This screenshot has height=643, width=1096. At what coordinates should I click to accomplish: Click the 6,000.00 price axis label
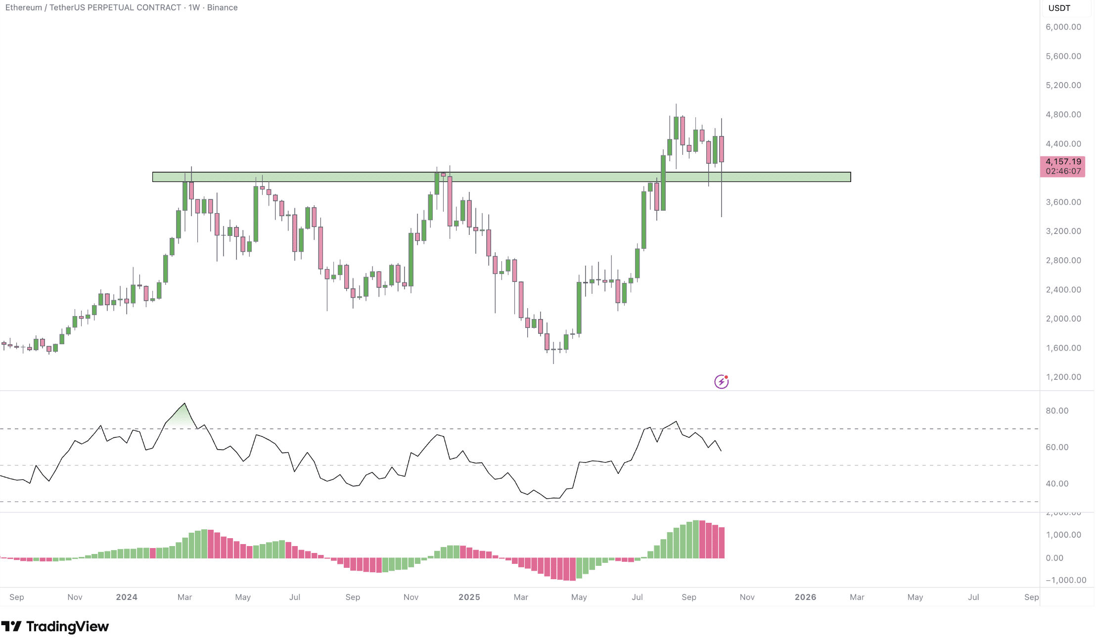point(1063,27)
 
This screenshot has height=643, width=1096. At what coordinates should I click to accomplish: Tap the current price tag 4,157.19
point(1063,162)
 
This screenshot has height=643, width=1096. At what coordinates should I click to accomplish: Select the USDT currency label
point(1059,8)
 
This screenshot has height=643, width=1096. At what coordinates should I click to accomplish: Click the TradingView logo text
point(55,626)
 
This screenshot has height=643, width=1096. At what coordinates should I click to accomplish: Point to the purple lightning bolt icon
point(721,381)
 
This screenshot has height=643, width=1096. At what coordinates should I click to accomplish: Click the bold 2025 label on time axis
point(469,597)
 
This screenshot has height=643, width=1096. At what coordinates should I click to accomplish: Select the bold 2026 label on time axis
point(805,597)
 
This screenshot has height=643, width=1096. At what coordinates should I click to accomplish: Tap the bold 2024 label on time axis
point(127,597)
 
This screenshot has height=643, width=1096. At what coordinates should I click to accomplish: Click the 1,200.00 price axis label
point(1063,377)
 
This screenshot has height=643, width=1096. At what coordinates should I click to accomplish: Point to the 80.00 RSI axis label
point(1057,411)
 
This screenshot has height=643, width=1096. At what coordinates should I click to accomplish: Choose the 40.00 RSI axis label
point(1057,484)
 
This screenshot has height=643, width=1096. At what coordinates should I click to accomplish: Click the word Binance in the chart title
point(222,7)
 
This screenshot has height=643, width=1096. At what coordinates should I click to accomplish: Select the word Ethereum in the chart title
point(24,7)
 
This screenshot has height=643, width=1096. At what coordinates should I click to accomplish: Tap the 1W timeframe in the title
point(194,7)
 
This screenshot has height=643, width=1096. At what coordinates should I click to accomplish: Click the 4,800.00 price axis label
point(1063,115)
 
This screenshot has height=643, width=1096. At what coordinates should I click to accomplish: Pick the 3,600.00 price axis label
point(1063,202)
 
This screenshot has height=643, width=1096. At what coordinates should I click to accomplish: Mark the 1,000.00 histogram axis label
point(1063,535)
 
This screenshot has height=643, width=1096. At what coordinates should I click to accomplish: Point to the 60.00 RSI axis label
point(1057,447)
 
